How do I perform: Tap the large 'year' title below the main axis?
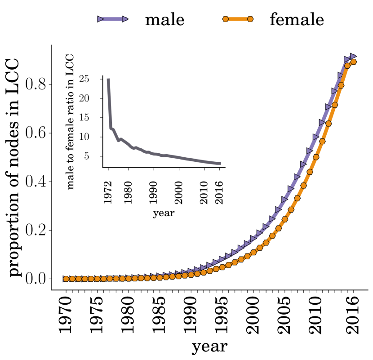tap(209, 347)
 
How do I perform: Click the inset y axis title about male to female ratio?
tap(71, 122)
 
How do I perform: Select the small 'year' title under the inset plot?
tap(163, 213)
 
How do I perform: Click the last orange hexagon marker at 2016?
tap(353, 62)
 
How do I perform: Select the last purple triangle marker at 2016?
tap(353, 56)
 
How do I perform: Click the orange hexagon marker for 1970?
tap(66, 279)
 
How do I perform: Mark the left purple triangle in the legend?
tap(101, 19)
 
